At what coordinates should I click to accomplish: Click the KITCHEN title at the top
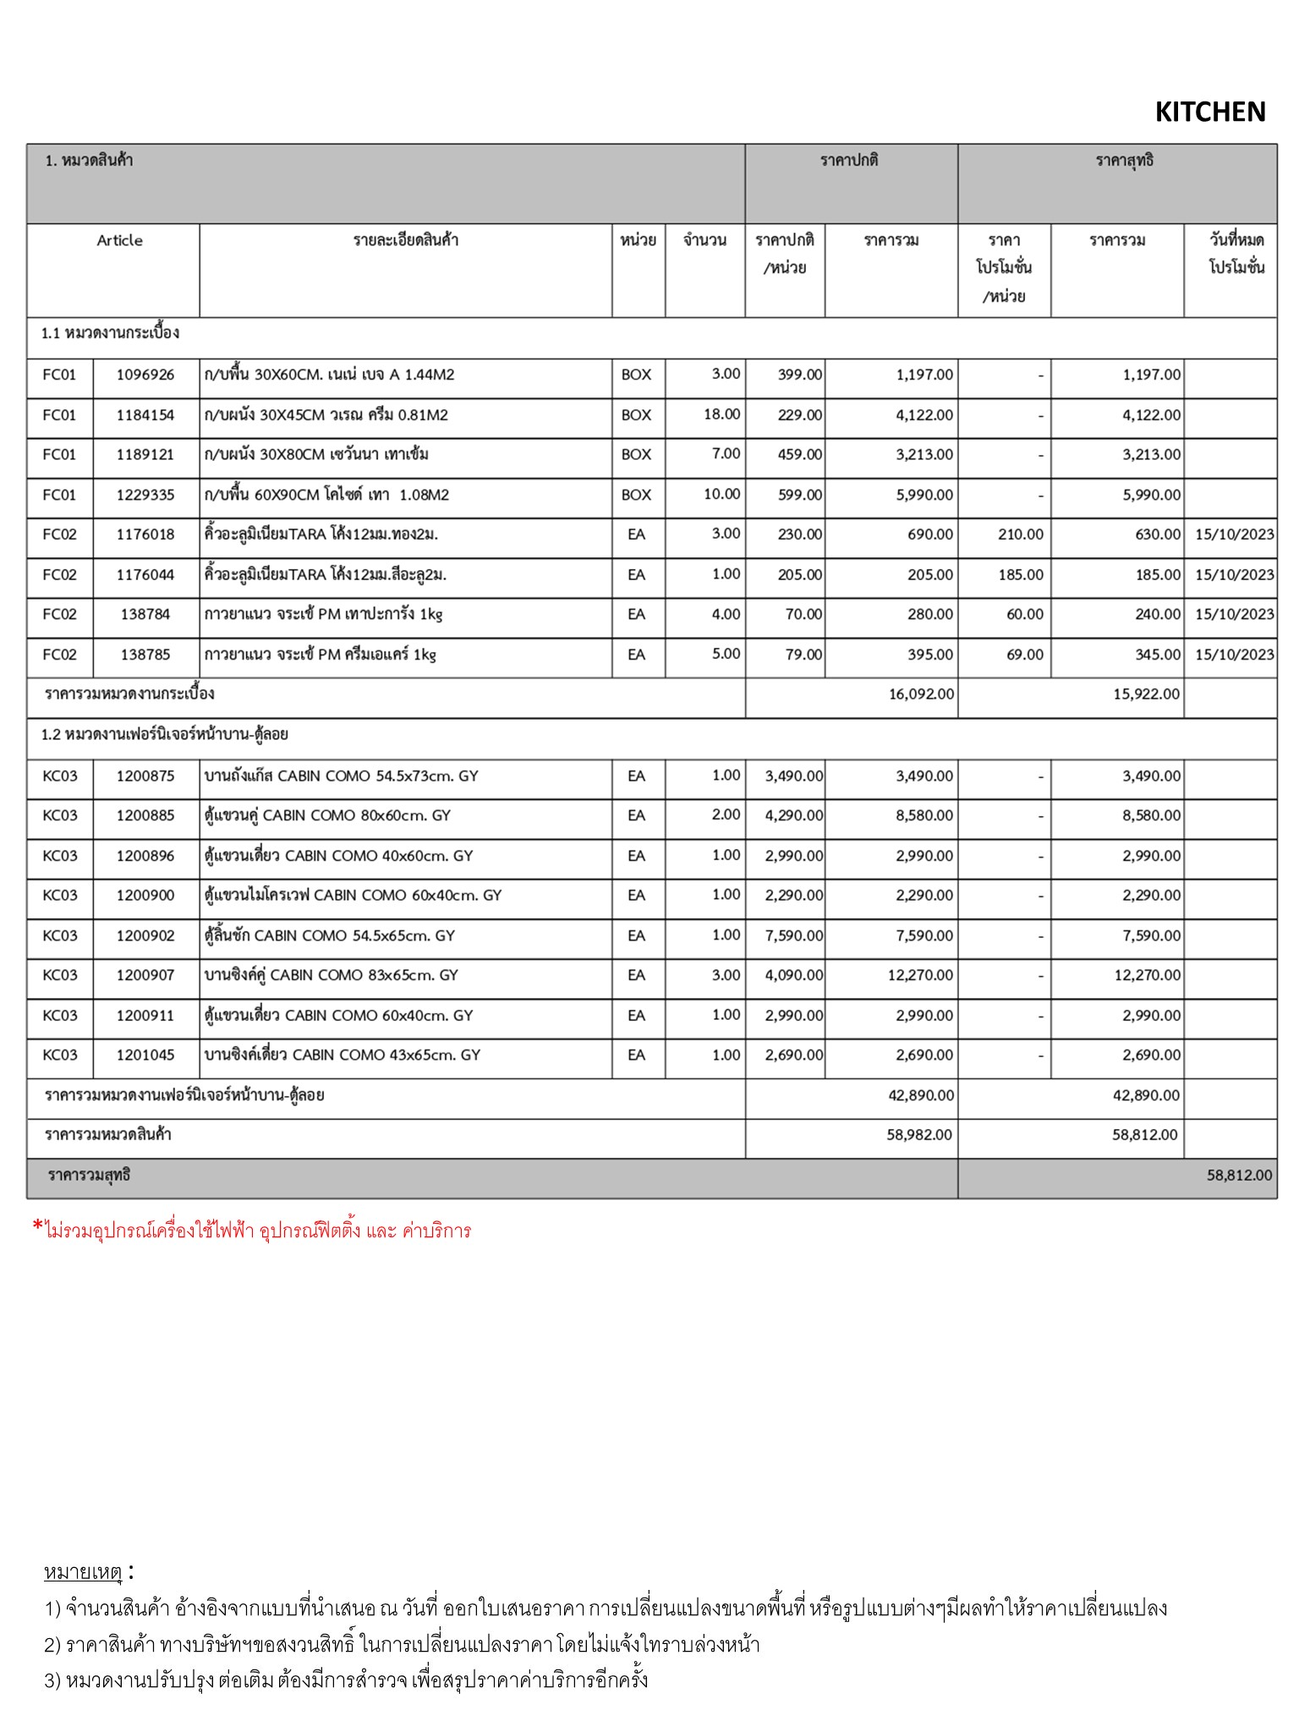point(1209,112)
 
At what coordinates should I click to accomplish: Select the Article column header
point(119,240)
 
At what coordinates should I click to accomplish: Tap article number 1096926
point(145,375)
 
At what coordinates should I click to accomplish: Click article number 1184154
point(145,415)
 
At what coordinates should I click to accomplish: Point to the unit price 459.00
point(799,455)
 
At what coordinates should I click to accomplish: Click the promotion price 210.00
point(1020,534)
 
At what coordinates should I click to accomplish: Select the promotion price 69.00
point(1024,655)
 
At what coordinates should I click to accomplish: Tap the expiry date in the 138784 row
point(1234,615)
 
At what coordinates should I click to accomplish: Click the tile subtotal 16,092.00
point(921,694)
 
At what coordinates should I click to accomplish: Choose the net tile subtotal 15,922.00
point(1146,694)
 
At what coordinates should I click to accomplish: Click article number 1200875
point(145,776)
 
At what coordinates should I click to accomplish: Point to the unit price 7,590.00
point(793,936)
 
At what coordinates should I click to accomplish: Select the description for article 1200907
point(331,975)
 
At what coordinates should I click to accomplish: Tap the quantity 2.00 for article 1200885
point(726,815)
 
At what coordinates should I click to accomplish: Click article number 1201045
point(145,1055)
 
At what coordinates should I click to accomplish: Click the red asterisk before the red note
point(37,1227)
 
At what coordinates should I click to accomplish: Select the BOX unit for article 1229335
point(636,495)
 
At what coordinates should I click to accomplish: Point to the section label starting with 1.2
point(165,734)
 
